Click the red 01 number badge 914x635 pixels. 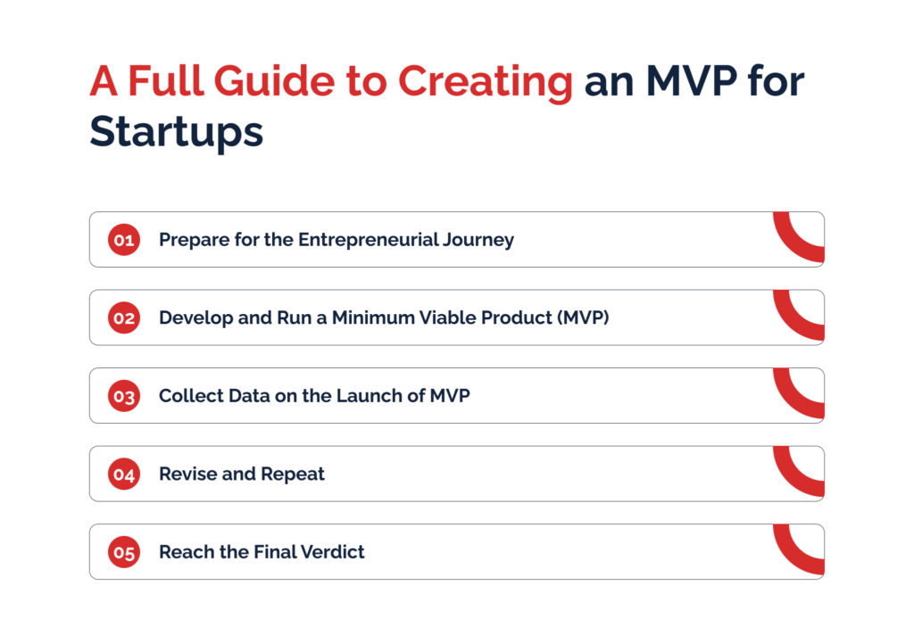click(x=123, y=239)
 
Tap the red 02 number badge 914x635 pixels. click(x=123, y=317)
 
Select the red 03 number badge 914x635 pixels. click(x=123, y=396)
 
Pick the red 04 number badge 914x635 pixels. click(x=123, y=474)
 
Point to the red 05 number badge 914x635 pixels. click(x=123, y=552)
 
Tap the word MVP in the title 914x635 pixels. click(x=692, y=80)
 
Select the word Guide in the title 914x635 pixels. click(x=274, y=80)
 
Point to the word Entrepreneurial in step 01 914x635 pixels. click(x=368, y=240)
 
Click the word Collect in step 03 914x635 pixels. click(x=191, y=396)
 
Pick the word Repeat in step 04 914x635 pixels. click(x=292, y=474)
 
